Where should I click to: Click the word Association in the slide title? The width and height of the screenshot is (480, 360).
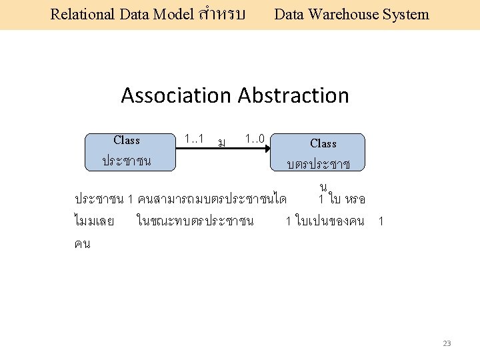point(175,95)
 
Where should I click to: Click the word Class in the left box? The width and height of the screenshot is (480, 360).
point(127,140)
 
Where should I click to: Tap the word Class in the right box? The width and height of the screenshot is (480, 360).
point(323,143)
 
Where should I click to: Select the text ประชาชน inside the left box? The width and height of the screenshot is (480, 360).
point(126,161)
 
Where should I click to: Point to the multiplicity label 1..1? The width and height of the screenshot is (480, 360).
point(193,139)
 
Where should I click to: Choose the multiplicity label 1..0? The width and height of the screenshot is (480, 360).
point(254,139)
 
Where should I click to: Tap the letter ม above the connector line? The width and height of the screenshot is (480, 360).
point(221,142)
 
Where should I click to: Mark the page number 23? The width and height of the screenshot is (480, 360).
point(447,343)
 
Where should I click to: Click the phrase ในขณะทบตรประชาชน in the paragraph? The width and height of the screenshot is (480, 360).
point(194,221)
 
